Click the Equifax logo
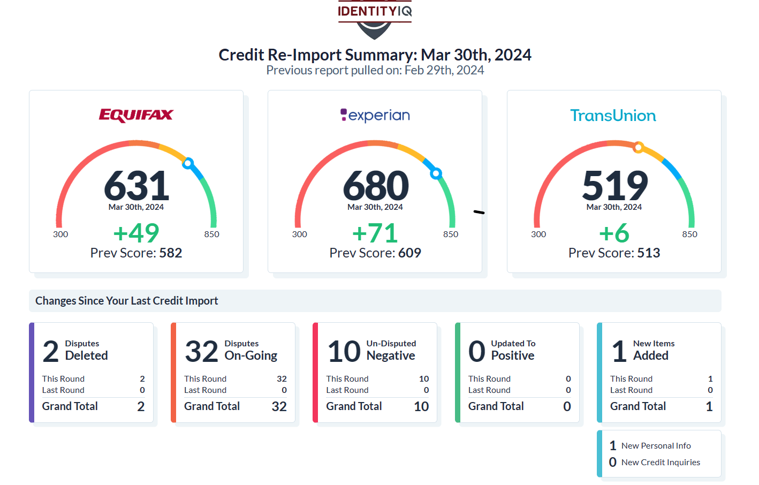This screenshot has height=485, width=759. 136,115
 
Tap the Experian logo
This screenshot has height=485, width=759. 375,115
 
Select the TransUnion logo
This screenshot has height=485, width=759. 613,116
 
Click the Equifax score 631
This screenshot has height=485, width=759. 136,186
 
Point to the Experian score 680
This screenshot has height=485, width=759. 376,186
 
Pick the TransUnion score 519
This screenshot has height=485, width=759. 615,186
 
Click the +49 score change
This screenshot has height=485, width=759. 136,233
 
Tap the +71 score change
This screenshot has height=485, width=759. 375,233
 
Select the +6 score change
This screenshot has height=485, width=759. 614,233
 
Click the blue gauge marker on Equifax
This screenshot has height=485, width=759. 188,163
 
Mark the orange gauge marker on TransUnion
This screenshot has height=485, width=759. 638,147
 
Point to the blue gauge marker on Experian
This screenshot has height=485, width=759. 436,173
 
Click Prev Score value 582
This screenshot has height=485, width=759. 171,253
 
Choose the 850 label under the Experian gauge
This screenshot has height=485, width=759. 451,234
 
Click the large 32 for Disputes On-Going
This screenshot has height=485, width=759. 202,352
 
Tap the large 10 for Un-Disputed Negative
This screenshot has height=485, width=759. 344,352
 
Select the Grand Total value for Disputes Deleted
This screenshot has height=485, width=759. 141,406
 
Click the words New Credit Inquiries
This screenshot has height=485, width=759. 661,463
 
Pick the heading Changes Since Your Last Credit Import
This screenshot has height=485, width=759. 127,301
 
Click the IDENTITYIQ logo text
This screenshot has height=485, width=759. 375,11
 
